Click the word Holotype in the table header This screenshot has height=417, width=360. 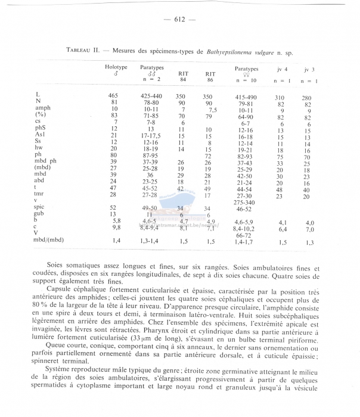tap(116, 67)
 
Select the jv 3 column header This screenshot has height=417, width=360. tap(309, 69)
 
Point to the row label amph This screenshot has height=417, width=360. tap(45, 109)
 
